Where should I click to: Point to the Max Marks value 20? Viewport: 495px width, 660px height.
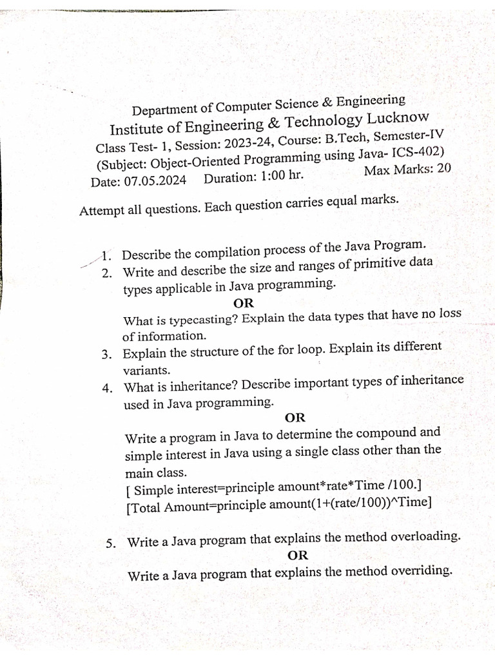[x=443, y=170]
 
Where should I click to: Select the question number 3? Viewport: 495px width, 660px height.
[x=107, y=354]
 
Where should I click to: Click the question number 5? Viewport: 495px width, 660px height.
[x=112, y=543]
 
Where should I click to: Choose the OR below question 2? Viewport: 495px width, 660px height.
[x=244, y=302]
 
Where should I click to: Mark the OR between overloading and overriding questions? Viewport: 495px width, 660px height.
[x=298, y=555]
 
